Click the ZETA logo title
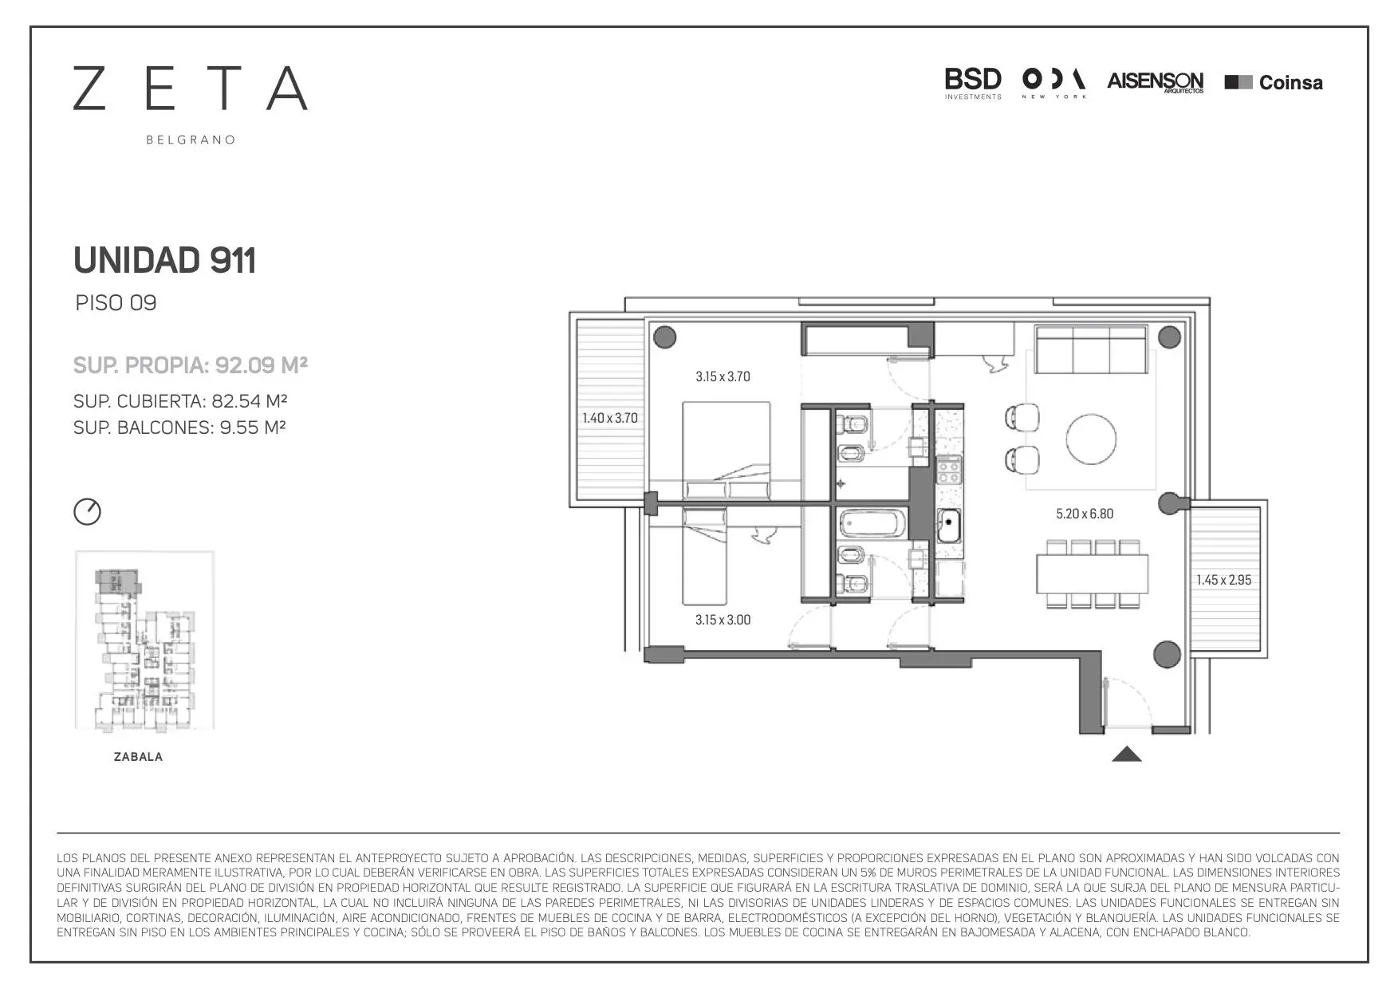tap(191, 88)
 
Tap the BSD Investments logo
tap(973, 84)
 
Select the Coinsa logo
tap(1274, 82)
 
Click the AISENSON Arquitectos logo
tap(1156, 82)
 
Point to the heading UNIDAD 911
tap(164, 260)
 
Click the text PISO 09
tap(116, 303)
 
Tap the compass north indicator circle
tap(88, 511)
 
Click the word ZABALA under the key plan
tap(139, 757)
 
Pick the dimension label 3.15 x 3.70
tap(723, 376)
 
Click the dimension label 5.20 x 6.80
tap(1085, 514)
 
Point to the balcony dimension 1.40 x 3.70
tap(610, 418)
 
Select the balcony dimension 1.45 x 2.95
tap(1223, 580)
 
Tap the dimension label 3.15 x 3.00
tap(723, 620)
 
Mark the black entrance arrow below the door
tap(1127, 754)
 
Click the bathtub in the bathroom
tap(873, 523)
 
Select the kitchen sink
tap(949, 524)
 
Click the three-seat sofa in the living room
tap(1091, 349)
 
